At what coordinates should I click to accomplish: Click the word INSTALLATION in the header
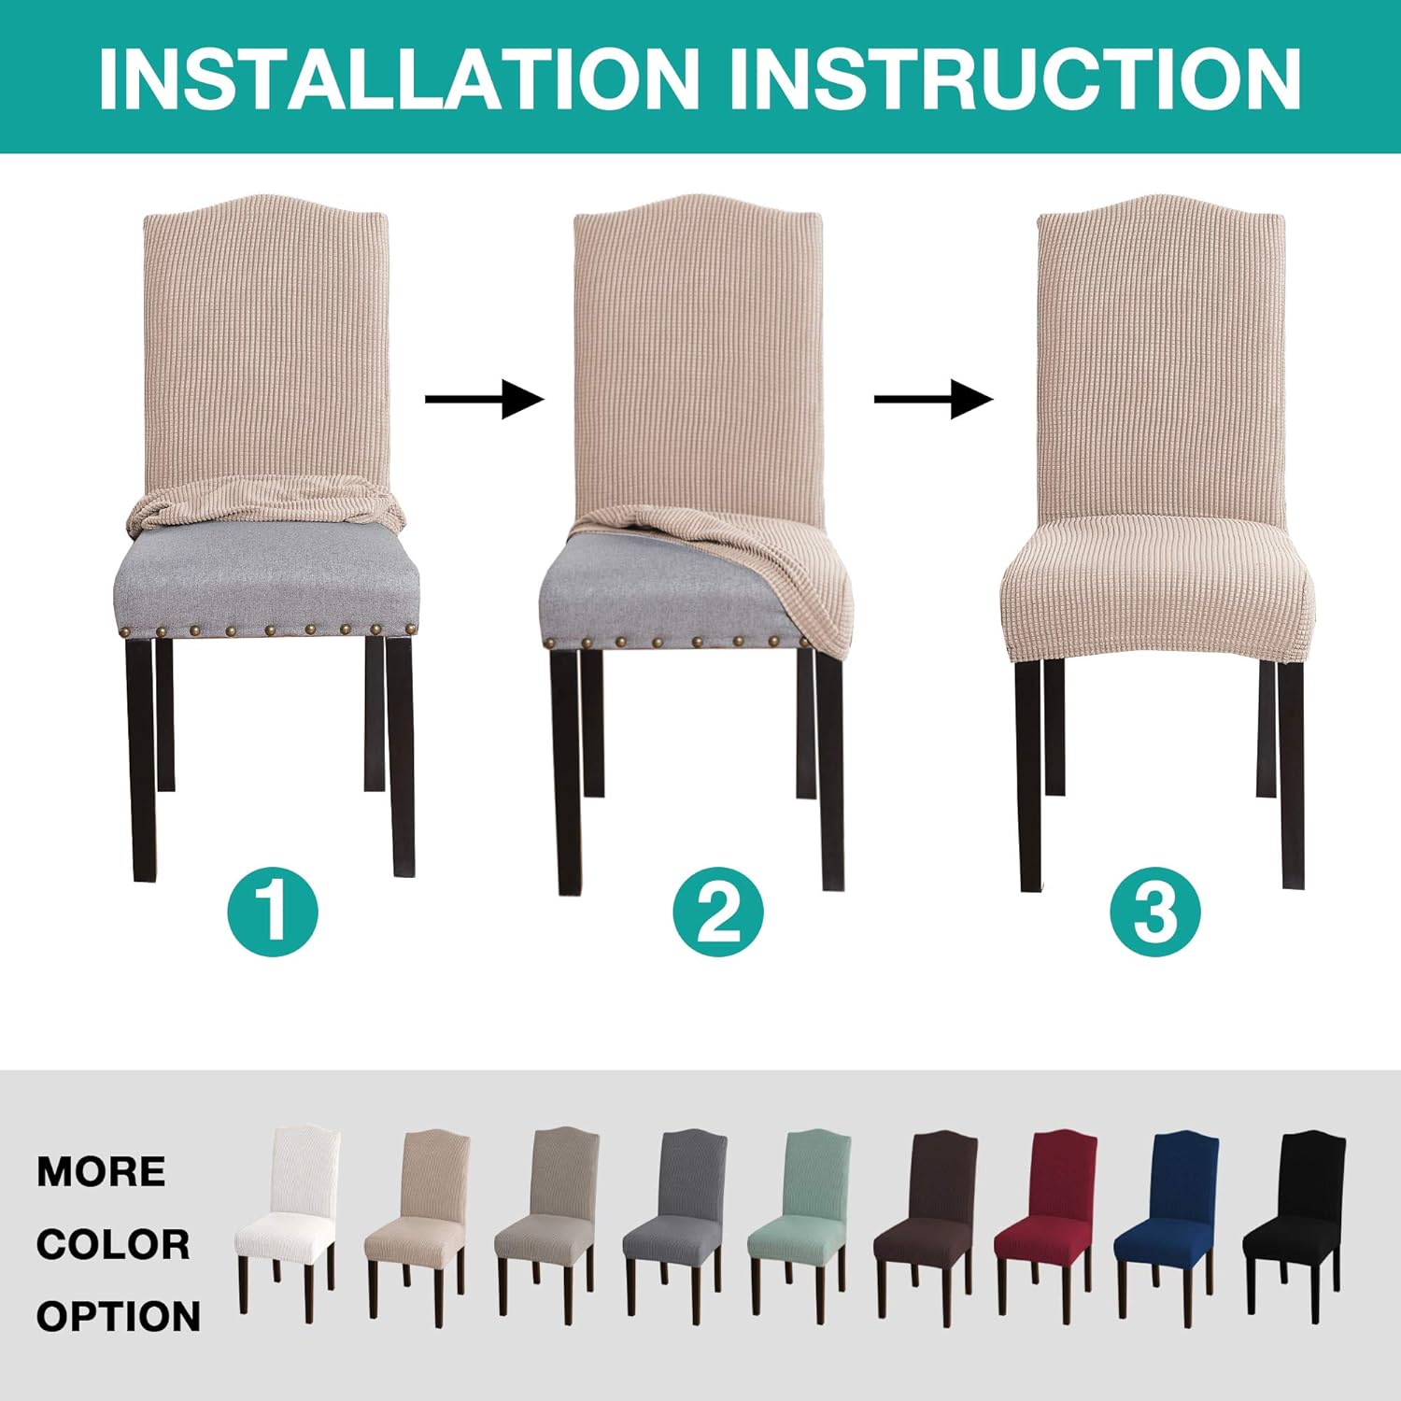point(399,78)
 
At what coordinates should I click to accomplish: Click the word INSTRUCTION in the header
point(1014,78)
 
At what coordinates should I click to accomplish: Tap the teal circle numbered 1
point(273,911)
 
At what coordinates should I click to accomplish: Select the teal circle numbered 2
point(718,911)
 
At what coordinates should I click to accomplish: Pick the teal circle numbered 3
point(1154,911)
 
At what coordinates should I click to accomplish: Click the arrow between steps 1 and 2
point(484,400)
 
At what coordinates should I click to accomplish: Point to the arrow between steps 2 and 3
point(933,400)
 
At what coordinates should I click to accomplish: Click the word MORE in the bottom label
point(101,1171)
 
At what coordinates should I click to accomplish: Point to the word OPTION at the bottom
point(119,1316)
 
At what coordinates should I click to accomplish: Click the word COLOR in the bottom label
point(113,1244)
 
